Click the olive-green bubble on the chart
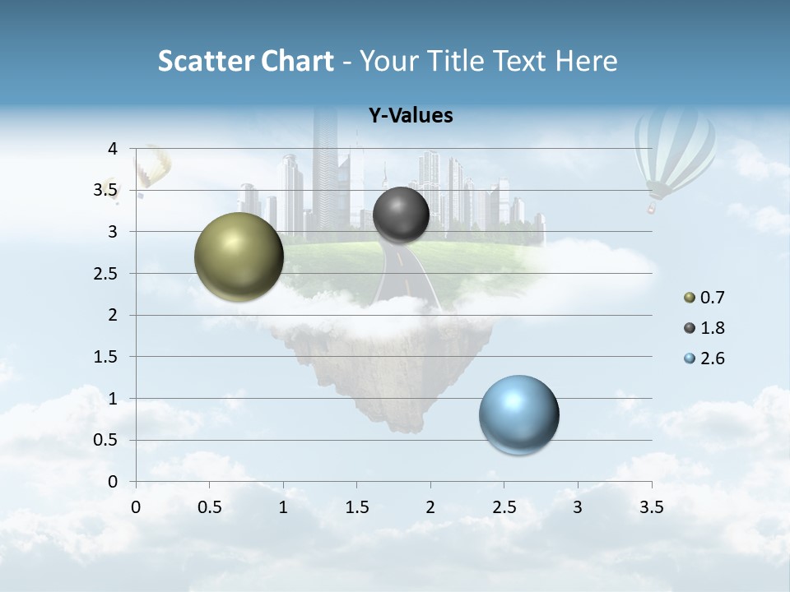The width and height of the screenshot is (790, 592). (x=239, y=257)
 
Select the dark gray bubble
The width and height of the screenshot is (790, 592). (x=401, y=215)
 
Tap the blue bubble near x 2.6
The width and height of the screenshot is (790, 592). (x=519, y=414)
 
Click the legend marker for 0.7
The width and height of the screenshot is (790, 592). (x=690, y=298)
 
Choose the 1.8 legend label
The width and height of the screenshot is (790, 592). (x=712, y=328)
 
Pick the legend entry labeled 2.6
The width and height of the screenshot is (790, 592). (x=712, y=358)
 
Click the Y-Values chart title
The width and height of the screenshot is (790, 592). (x=410, y=116)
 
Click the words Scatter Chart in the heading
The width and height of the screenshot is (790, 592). (x=245, y=61)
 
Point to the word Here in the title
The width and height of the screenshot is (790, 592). (x=586, y=61)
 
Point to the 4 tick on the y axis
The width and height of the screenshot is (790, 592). (x=113, y=149)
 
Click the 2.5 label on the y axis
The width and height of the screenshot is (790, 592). (x=105, y=274)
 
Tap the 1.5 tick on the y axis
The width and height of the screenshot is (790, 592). (x=105, y=357)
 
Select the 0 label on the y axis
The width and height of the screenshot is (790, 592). (x=113, y=482)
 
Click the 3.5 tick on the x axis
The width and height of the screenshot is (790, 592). (x=651, y=507)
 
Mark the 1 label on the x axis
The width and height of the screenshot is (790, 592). (x=283, y=507)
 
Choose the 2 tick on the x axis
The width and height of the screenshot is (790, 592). (x=430, y=507)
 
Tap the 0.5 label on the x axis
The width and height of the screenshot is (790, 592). (x=210, y=507)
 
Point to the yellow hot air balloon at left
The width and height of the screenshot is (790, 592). (x=153, y=167)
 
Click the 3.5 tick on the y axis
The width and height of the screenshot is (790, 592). (x=105, y=191)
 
